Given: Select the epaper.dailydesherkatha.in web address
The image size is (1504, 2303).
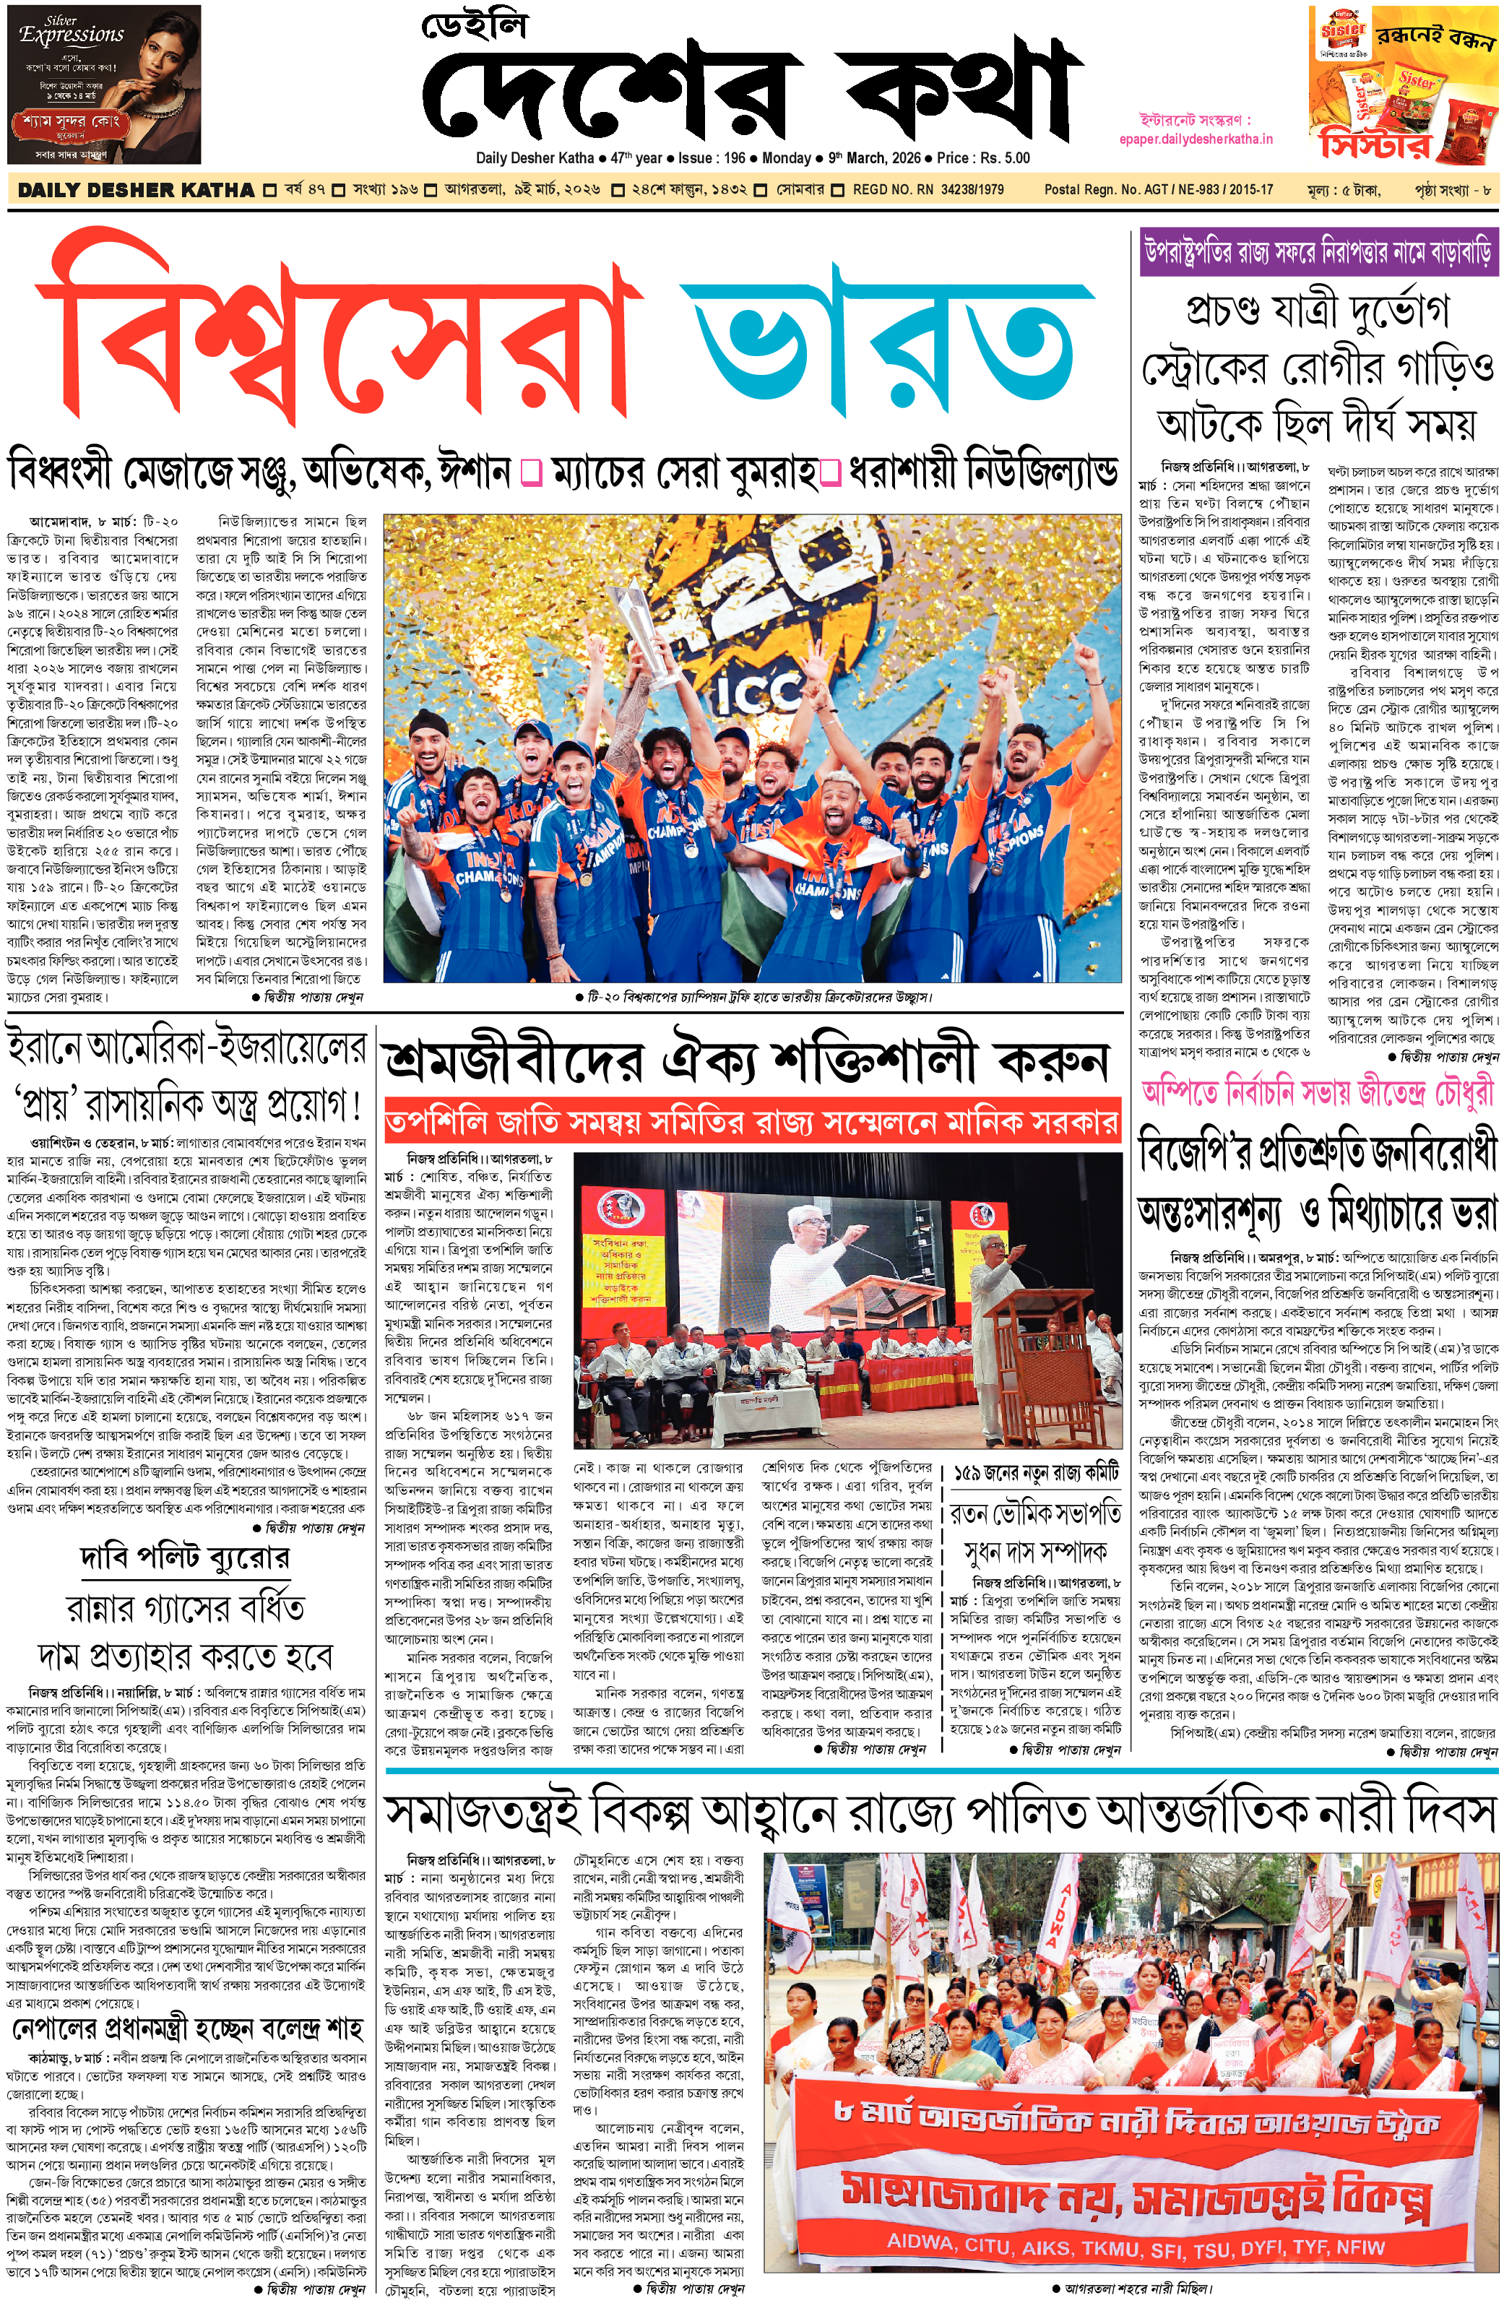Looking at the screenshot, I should click(1196, 139).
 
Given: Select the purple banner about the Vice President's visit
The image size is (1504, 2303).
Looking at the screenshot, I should click(1317, 254).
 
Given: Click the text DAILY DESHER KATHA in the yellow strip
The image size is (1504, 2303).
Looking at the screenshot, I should click(136, 191).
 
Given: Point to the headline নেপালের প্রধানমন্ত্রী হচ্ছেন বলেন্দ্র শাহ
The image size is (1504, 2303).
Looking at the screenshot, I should click(187, 2028).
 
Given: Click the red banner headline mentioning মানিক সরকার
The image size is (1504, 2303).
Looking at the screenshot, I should click(751, 1123).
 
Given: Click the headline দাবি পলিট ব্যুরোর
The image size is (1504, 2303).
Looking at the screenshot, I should click(184, 1558).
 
